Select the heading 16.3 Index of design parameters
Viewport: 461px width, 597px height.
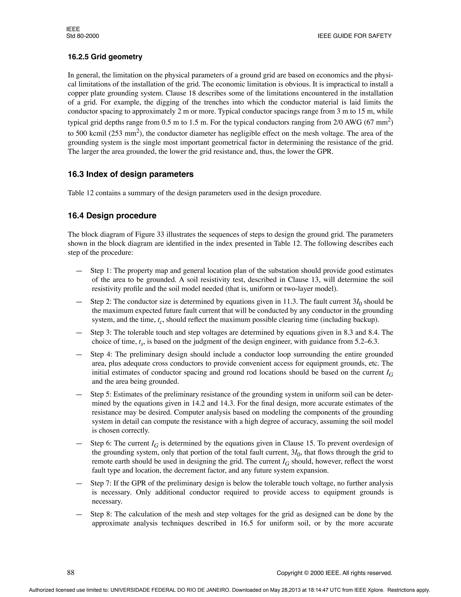tap(131, 174)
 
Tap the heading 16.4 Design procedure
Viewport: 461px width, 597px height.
tap(112, 216)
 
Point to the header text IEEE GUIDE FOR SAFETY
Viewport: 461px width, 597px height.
tap(355, 36)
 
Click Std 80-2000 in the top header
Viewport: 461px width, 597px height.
tap(82, 36)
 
